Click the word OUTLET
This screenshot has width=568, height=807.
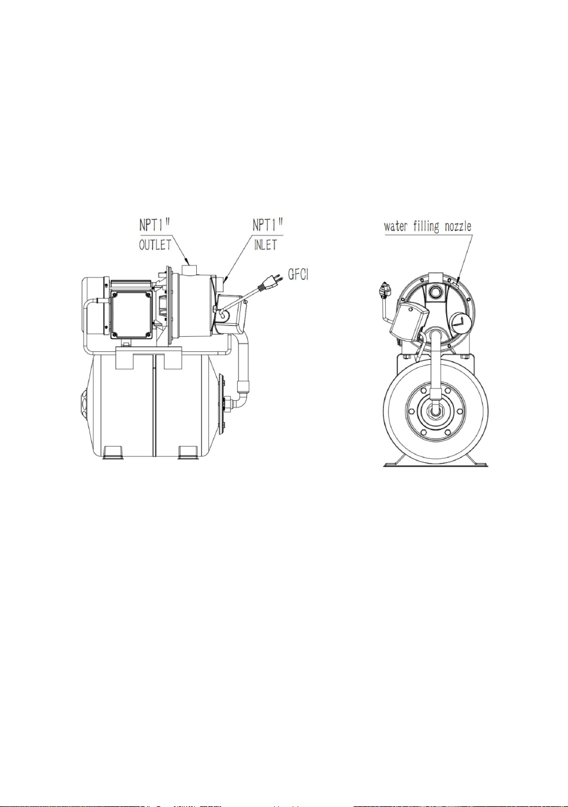[x=155, y=245]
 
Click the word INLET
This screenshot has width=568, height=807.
[x=265, y=245]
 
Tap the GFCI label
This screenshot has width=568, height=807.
[x=299, y=275]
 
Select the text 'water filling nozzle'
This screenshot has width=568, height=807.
[x=428, y=227]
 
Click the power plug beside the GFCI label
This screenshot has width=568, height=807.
[x=269, y=282]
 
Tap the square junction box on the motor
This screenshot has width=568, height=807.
[x=132, y=314]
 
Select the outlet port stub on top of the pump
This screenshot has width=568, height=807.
[x=191, y=270]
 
